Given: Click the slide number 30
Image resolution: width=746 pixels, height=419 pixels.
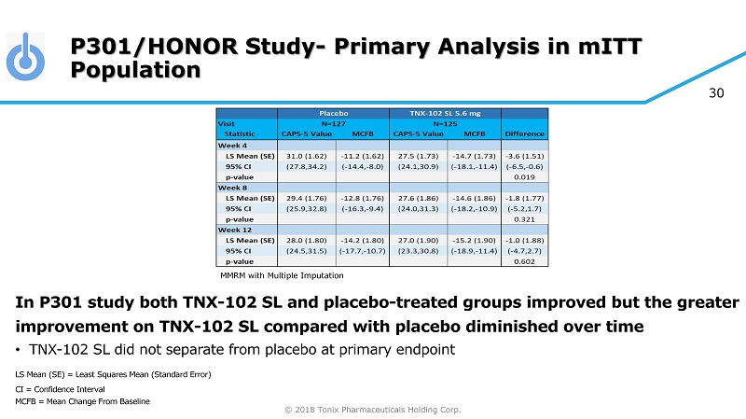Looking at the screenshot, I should [x=718, y=92].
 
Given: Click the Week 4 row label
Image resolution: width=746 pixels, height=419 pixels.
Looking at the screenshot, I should [x=232, y=145].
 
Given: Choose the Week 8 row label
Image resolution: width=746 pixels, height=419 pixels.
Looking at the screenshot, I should [x=232, y=187].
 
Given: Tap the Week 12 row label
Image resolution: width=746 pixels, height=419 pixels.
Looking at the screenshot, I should [x=234, y=229].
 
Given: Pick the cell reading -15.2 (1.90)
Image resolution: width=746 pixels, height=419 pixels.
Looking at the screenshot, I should [x=474, y=240].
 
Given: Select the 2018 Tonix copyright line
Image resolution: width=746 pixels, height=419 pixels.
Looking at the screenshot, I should [x=372, y=409].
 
